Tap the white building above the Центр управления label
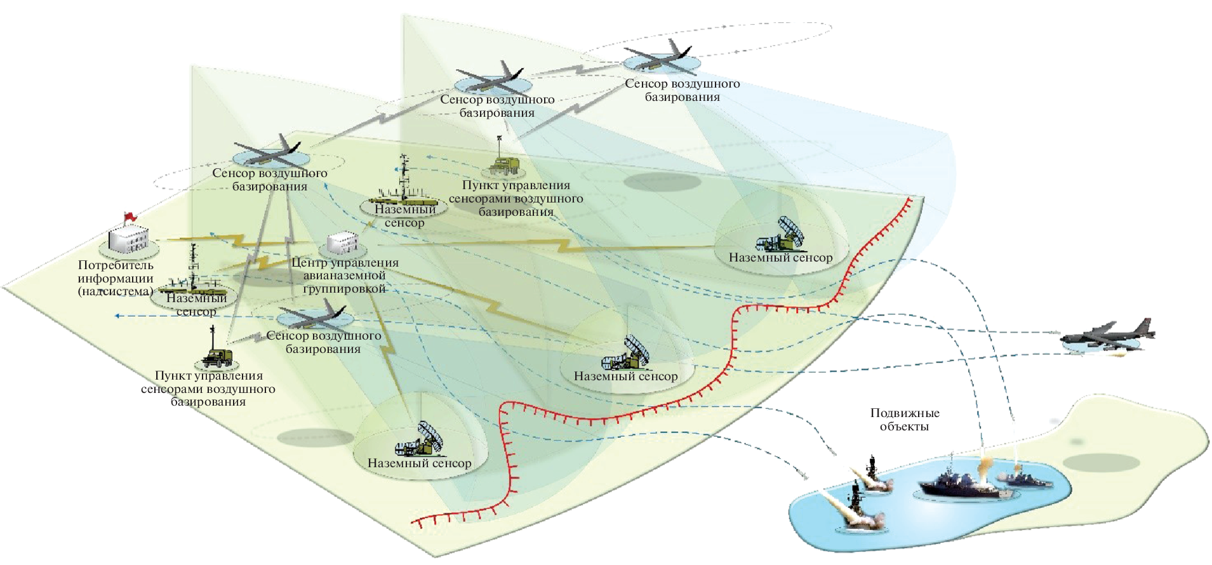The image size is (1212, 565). pyautogui.click(x=342, y=243)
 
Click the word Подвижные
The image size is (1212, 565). pyautogui.click(x=904, y=413)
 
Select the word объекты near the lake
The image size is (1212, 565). pyautogui.click(x=904, y=427)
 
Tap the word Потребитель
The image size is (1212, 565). pyautogui.click(x=116, y=265)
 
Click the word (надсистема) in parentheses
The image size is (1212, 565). pyautogui.click(x=115, y=291)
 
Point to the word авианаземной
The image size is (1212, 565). pyautogui.click(x=344, y=276)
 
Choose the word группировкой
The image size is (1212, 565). pyautogui.click(x=344, y=289)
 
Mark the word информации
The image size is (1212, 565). pyautogui.click(x=116, y=278)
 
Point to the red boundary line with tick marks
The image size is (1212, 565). pyautogui.click(x=730, y=356)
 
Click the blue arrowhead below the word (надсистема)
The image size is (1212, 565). pyautogui.click(x=117, y=316)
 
